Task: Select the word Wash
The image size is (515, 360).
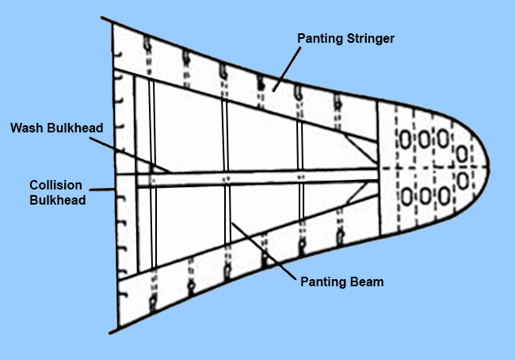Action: point(29,128)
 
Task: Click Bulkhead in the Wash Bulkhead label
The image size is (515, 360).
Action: point(74,128)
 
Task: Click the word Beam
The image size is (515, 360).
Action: point(368,281)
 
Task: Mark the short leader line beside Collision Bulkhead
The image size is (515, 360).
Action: point(101,189)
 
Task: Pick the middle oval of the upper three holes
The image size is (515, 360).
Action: point(425,140)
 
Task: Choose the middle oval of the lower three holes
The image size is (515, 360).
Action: point(425,194)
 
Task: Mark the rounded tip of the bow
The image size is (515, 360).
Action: point(487,167)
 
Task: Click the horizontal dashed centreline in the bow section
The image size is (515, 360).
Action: point(428,167)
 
